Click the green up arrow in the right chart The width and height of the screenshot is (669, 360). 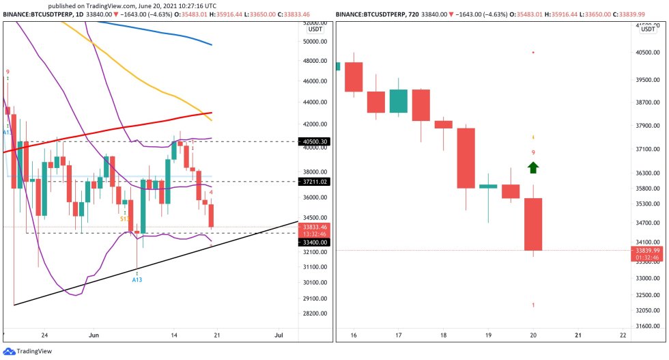533,167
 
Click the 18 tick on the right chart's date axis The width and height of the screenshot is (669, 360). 444,335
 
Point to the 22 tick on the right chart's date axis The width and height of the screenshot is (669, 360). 623,335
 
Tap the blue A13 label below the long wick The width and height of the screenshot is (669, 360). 137,280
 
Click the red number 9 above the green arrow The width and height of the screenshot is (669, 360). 533,152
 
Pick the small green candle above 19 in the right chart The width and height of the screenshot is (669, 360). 488,186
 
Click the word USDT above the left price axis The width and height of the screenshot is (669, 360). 315,29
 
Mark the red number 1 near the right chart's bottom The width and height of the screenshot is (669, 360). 533,305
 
